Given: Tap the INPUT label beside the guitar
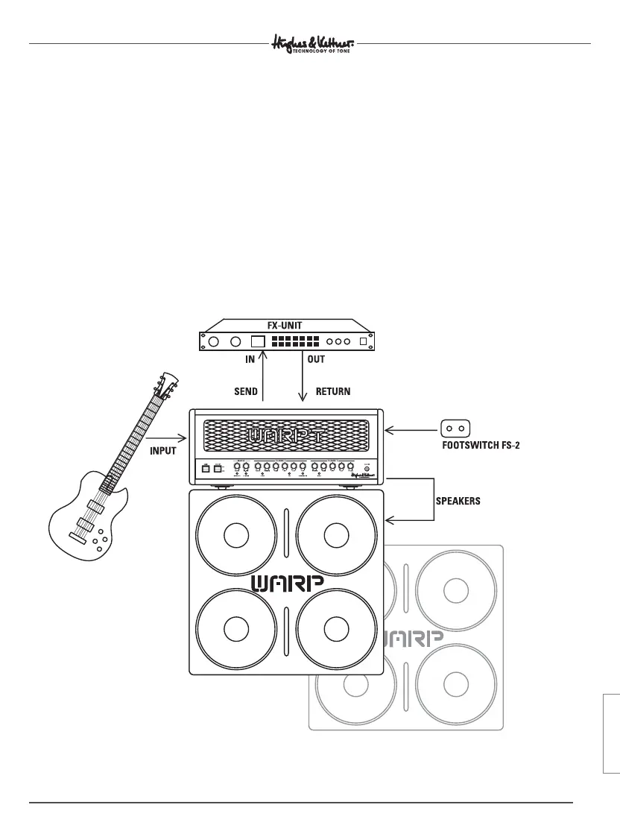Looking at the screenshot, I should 162,451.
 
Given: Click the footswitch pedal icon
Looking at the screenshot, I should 455,429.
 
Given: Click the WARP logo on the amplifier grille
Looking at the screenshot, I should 286,434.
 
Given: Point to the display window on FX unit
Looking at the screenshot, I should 257,342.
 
